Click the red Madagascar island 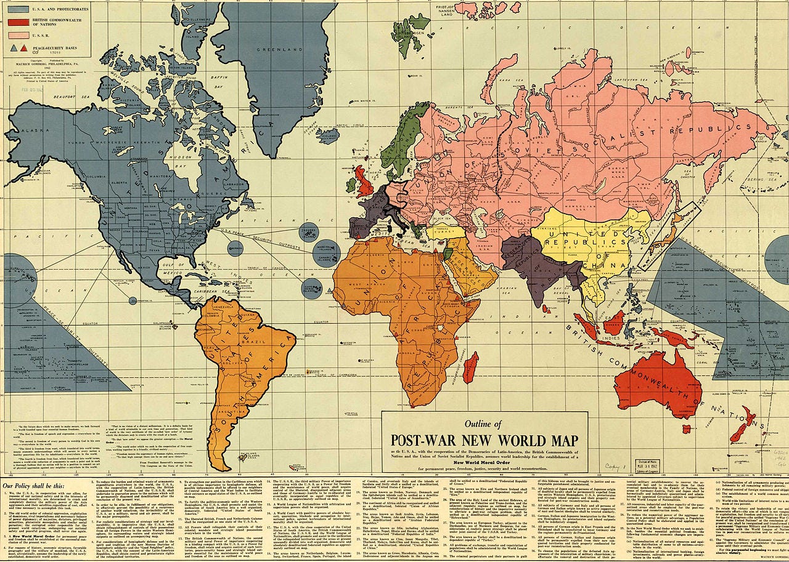[x=470, y=367]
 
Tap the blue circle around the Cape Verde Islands [x=312, y=288]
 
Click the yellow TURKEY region [x=446, y=231]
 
